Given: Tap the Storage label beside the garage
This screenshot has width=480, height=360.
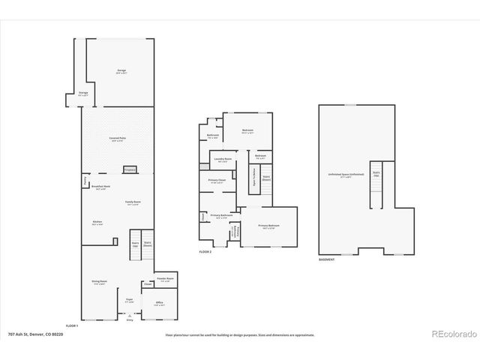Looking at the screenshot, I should (83, 94).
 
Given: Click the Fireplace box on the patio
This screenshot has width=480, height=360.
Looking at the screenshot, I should (129, 169).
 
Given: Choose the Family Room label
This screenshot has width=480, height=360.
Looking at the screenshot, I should (133, 202).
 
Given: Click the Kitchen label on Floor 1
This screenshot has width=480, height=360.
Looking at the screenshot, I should (97, 223).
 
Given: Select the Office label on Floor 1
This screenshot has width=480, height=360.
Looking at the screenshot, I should (159, 303).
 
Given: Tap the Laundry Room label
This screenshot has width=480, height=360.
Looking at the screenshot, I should (222, 160).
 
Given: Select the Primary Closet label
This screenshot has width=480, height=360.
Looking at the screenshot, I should (217, 181).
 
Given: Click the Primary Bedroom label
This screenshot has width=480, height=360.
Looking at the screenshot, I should (268, 226).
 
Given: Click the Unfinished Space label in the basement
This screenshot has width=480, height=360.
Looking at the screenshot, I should (346, 175).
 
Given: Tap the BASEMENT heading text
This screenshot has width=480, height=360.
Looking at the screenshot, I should (326, 259).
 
